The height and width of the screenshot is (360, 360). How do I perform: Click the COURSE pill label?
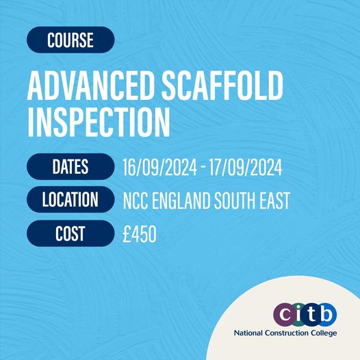tap(70, 40)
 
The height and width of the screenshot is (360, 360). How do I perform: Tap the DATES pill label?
tap(70, 166)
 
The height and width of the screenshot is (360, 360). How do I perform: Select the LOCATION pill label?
tap(70, 199)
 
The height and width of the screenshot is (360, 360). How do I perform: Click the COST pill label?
tap(70, 233)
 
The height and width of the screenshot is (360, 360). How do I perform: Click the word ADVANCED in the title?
tap(91, 86)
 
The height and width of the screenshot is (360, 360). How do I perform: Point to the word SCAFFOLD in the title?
tap(222, 85)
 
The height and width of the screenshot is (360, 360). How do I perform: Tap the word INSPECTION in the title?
tap(99, 122)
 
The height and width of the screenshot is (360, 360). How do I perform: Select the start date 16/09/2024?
tap(159, 168)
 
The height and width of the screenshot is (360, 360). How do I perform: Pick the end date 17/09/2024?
tap(245, 168)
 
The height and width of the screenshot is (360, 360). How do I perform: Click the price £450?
tap(140, 233)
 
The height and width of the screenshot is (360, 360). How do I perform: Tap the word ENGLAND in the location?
tap(181, 201)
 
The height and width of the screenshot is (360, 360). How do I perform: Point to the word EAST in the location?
tap(274, 201)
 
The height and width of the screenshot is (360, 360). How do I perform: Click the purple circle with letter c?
tap(285, 314)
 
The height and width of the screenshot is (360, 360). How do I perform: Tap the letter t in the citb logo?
tap(311, 314)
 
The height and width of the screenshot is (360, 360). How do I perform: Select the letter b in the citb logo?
tap(326, 313)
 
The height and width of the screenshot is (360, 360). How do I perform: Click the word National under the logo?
tap(248, 333)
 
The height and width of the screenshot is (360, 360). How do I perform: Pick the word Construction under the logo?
tap(287, 333)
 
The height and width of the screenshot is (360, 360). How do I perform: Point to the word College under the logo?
tap(324, 333)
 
